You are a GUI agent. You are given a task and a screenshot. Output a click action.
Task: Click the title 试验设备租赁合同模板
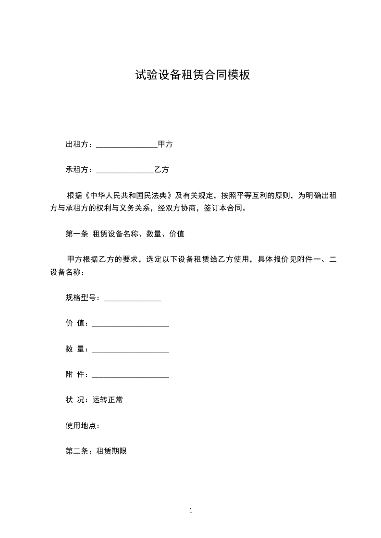click(192, 75)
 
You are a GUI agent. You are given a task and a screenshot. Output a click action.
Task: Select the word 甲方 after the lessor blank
click(165, 144)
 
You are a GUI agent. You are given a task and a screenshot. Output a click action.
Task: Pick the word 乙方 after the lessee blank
click(161, 170)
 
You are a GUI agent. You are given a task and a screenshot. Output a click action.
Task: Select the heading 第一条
click(76, 234)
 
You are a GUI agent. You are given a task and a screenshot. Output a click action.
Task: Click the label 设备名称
click(65, 272)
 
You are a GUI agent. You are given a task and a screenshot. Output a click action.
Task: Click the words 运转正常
click(107, 400)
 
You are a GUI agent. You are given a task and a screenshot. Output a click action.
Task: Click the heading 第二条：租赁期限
click(96, 451)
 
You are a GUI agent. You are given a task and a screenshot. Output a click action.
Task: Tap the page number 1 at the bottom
click(191, 511)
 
